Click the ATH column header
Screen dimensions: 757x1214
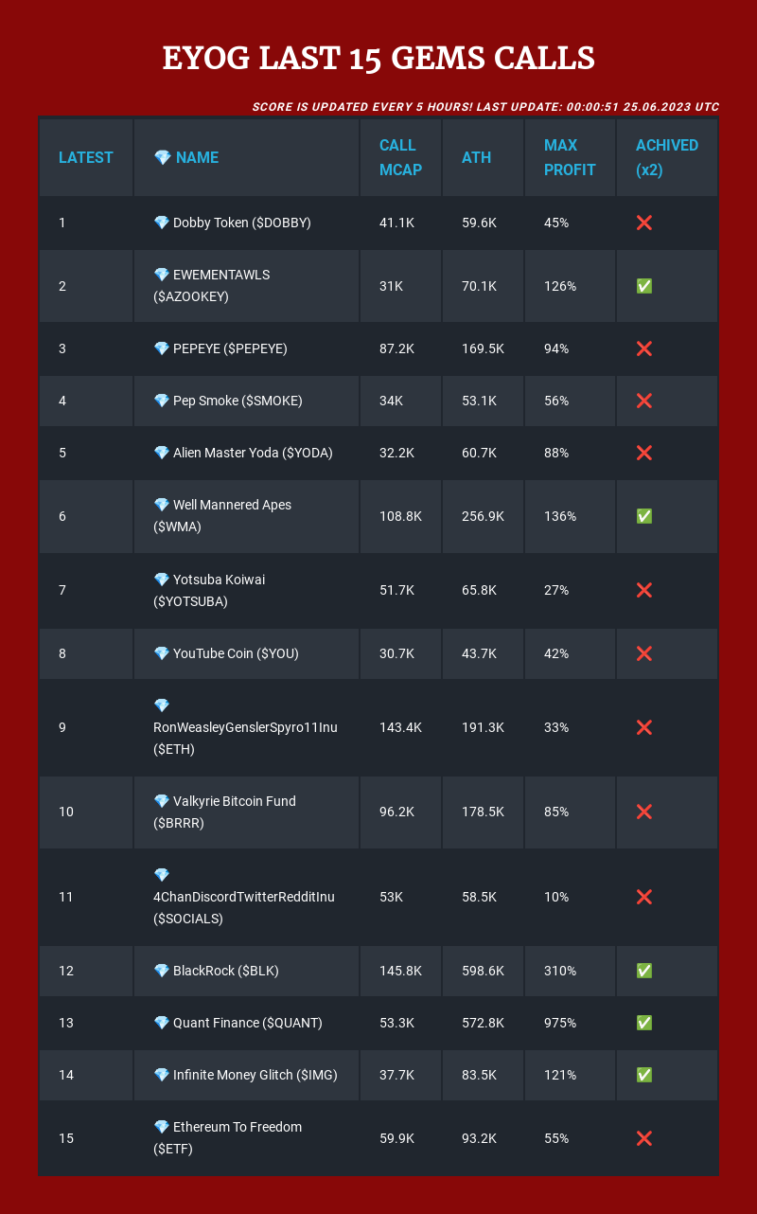coord(476,158)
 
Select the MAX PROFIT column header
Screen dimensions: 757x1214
coord(569,158)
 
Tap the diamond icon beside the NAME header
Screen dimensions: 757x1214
coord(162,158)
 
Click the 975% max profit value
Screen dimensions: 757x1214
coord(560,1023)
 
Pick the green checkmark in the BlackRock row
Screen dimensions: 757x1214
coord(643,971)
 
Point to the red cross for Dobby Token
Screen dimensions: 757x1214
coord(643,223)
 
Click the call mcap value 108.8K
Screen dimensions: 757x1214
coord(400,516)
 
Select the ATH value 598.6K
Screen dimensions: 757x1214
coord(483,971)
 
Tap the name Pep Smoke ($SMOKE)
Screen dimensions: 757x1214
coord(238,401)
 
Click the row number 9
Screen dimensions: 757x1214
coord(62,727)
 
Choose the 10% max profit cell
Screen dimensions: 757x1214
coord(556,897)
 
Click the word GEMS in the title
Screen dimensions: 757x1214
coord(437,58)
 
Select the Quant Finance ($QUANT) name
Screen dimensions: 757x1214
coord(248,1023)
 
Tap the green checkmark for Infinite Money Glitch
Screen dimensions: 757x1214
coord(643,1075)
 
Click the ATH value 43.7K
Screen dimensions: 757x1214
coord(479,653)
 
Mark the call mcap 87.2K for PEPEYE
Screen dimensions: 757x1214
coord(396,348)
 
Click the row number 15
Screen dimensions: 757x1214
coord(66,1138)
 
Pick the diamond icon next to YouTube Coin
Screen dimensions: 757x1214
coord(162,653)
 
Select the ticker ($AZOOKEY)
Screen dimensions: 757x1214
coord(190,296)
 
